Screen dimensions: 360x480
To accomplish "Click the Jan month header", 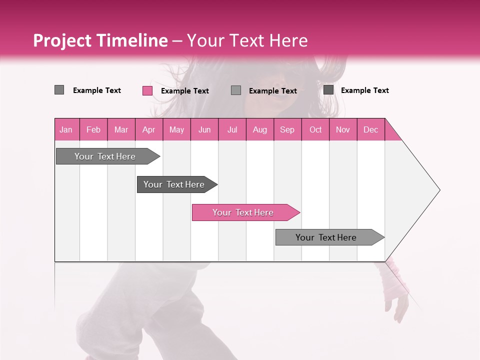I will [x=66, y=129].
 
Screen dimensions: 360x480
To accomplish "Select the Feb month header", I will [x=93, y=129].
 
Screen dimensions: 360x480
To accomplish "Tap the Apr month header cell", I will [x=149, y=129].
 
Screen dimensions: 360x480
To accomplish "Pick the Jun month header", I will [x=204, y=129].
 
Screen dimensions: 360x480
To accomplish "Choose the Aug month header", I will [x=260, y=129].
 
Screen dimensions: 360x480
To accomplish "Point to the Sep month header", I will [x=287, y=129].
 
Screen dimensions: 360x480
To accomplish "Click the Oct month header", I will [x=315, y=129].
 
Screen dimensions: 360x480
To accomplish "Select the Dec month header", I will [x=371, y=129].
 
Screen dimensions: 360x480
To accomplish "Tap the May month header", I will [x=176, y=129].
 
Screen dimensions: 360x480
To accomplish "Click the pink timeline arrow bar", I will [x=245, y=212].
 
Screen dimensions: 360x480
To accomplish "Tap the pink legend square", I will [x=147, y=90].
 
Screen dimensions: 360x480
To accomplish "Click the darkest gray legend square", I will [x=328, y=90].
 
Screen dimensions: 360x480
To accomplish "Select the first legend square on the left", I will [x=59, y=90].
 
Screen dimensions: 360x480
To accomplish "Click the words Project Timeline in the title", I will [x=100, y=40].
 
